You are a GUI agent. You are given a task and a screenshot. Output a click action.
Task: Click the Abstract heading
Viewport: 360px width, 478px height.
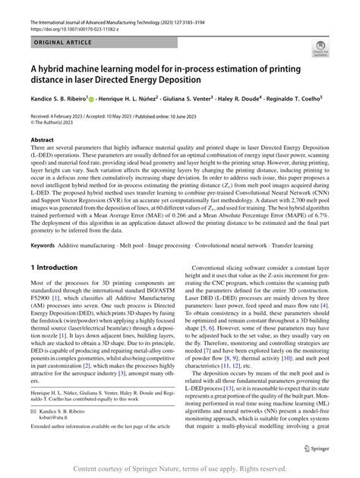(x=42, y=141)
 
